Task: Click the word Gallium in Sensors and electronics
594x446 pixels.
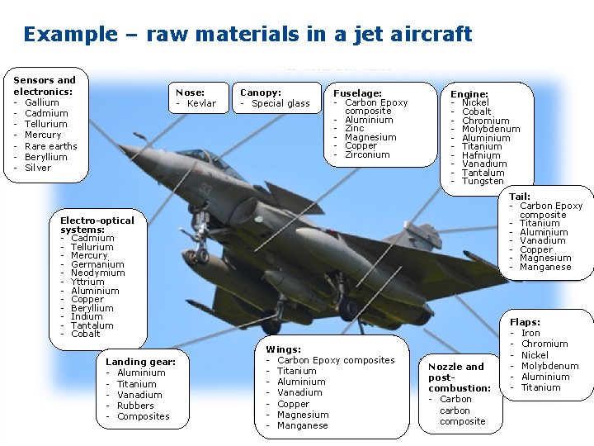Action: tap(42, 102)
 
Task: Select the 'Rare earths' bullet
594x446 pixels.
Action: tap(51, 146)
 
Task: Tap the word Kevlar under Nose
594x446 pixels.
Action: tap(201, 103)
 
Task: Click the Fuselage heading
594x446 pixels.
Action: tap(357, 93)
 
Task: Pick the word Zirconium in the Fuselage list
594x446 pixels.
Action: tap(367, 154)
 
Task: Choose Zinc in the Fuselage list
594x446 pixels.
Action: tap(354, 128)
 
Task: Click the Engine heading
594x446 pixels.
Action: tap(469, 94)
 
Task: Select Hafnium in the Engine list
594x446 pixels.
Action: tap(481, 155)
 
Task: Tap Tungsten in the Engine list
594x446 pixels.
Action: tap(483, 181)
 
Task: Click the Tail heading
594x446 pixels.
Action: tap(520, 197)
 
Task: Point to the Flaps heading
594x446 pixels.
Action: tap(525, 322)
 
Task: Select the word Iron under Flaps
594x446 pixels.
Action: tap(530, 333)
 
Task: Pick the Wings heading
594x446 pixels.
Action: tap(283, 349)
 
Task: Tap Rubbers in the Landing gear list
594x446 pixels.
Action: tap(135, 406)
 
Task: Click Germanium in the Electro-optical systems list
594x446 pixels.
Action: tap(97, 264)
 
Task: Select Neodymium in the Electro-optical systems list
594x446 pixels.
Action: tap(98, 273)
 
